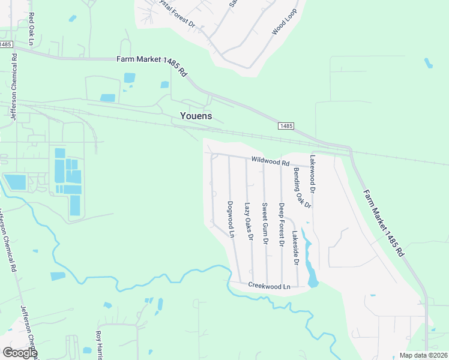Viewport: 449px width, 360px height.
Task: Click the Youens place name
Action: pos(196,116)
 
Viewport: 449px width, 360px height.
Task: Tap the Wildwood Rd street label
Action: pos(271,161)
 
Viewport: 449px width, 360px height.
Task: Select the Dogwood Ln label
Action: pos(230,219)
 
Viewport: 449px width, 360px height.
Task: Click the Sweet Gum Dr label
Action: pos(265,223)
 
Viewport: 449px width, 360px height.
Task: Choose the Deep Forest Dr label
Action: pos(281,225)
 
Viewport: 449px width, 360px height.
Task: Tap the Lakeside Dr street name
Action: pos(295,249)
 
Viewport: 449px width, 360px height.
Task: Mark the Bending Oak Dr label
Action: pos(303,188)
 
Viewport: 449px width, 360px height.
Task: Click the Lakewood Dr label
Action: pos(312,174)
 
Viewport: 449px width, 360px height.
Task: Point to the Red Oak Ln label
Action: pos(31,28)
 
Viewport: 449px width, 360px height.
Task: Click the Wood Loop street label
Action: pos(285,22)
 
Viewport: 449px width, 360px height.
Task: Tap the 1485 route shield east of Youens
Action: pos(286,125)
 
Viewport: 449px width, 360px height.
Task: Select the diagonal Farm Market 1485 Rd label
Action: pos(383,224)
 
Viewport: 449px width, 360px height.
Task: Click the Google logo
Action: pos(20,353)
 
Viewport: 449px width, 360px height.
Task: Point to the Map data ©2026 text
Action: pos(423,355)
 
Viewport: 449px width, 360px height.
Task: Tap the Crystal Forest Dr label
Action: pos(175,13)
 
